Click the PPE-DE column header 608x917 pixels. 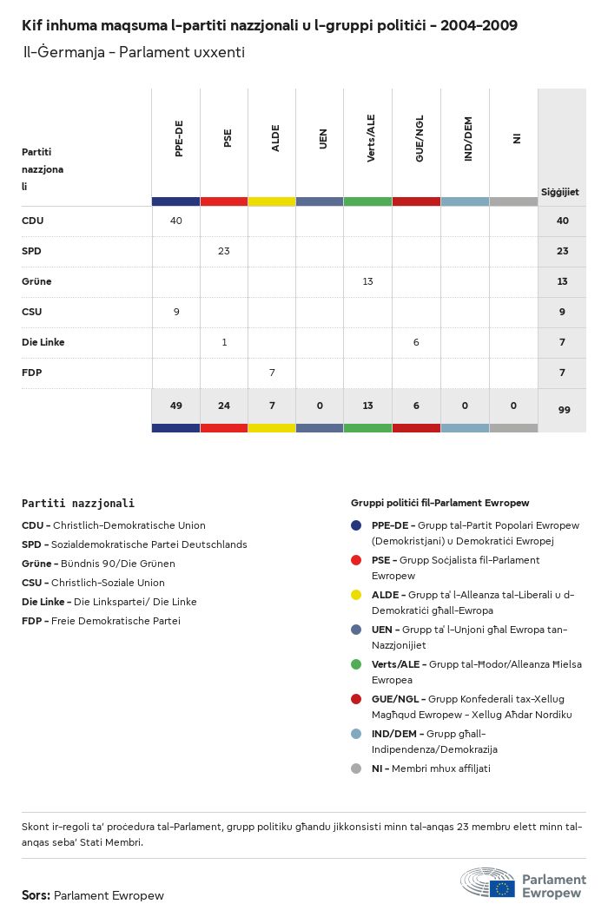click(x=179, y=139)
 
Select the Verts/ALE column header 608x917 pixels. click(x=371, y=139)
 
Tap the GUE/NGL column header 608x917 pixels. click(x=420, y=139)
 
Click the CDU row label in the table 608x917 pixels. click(x=33, y=221)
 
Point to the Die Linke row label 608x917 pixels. click(x=43, y=342)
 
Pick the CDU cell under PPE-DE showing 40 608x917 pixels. click(x=176, y=221)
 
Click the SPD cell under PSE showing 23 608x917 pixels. click(x=224, y=251)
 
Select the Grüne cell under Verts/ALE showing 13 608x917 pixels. click(x=367, y=281)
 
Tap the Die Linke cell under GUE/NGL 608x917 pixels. click(x=416, y=342)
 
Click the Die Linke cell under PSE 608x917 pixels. click(x=224, y=342)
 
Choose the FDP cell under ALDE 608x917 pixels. click(x=272, y=373)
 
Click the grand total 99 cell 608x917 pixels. click(x=564, y=410)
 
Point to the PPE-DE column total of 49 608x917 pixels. click(x=176, y=406)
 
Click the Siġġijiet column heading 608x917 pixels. click(x=560, y=192)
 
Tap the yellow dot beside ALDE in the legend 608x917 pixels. click(x=356, y=595)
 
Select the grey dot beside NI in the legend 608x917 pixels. click(x=356, y=769)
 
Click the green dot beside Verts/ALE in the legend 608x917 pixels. click(x=356, y=664)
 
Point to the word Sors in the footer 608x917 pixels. click(x=36, y=895)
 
